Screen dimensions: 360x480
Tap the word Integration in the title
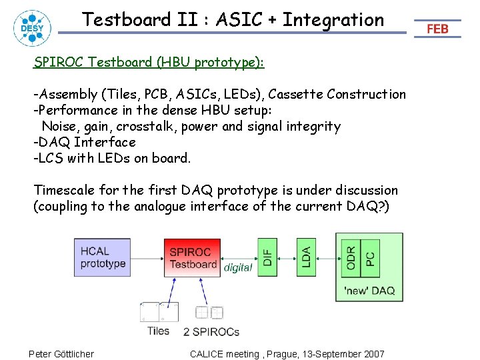pyautogui.click(x=333, y=19)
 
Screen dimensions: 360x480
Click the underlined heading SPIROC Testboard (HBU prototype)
pyautogui.click(x=149, y=63)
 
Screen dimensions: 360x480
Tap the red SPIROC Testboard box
pyautogui.click(x=193, y=257)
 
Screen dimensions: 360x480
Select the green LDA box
pyautogui.click(x=305, y=253)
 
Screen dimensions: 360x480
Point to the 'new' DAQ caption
pyautogui.click(x=369, y=290)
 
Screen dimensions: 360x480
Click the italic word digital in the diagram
pyautogui.click(x=238, y=267)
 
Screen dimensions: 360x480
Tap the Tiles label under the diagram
pyautogui.click(x=158, y=331)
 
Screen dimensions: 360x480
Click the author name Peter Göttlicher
pyautogui.click(x=61, y=353)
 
